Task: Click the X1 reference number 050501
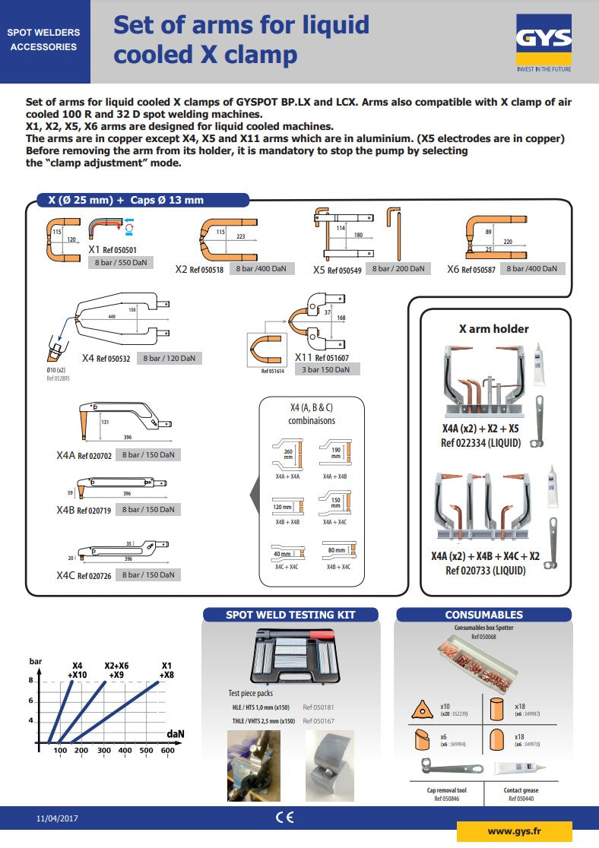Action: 120,249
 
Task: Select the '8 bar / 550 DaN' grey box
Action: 120,262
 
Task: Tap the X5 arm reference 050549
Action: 344,270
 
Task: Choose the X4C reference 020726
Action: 94,576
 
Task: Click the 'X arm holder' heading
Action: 493,329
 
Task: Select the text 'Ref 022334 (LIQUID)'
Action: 480,442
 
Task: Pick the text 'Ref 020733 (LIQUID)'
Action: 485,570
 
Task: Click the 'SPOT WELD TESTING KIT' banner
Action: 290,614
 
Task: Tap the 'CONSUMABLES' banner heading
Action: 483,614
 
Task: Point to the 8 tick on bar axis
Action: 31,681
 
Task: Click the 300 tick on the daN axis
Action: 103,751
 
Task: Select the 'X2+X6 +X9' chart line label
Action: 116,669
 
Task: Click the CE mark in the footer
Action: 284,818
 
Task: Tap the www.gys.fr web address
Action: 513,831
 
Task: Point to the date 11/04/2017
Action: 57,818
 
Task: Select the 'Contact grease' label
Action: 521,790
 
